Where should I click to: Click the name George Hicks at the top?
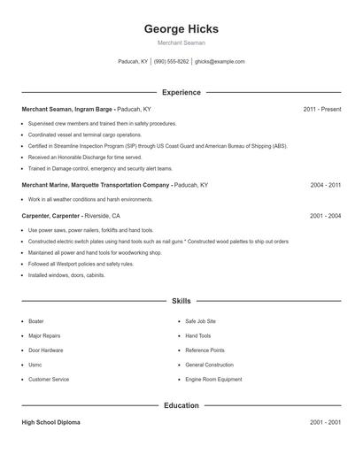(x=181, y=28)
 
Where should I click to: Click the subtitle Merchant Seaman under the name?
(x=181, y=43)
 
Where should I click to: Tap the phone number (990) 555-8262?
(x=171, y=62)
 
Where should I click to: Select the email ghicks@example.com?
(x=220, y=62)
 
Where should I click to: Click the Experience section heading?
(x=181, y=92)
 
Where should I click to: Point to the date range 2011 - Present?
(x=321, y=109)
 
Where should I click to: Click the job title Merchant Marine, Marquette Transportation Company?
(x=97, y=185)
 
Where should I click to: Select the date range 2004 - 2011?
(x=326, y=185)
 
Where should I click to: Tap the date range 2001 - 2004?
(x=326, y=215)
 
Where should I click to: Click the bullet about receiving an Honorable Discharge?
(x=84, y=157)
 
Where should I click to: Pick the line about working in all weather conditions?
(x=90, y=200)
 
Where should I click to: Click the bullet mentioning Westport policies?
(x=81, y=264)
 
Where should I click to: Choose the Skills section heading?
(x=181, y=301)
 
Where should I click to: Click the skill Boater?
(x=36, y=321)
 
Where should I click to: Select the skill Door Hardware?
(x=46, y=350)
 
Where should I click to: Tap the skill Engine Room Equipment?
(x=213, y=380)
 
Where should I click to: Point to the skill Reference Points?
(x=205, y=350)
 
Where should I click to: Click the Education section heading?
(x=181, y=405)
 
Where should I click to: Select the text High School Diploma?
(x=50, y=423)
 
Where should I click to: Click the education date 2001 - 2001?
(x=326, y=423)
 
